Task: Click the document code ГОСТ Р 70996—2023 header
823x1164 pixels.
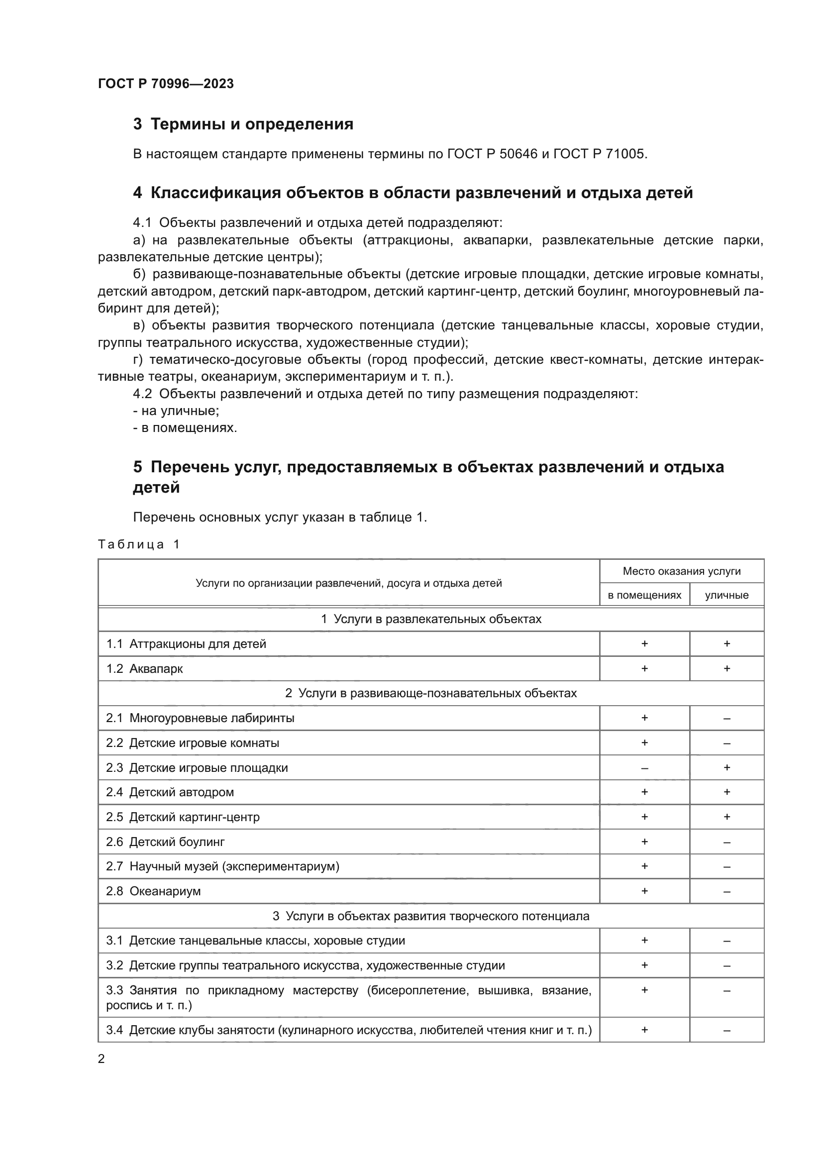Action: point(166,84)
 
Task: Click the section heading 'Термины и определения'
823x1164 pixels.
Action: point(252,124)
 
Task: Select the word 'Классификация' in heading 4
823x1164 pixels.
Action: point(214,193)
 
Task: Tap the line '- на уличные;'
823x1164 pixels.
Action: point(176,411)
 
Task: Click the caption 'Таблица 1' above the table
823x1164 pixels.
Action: point(139,544)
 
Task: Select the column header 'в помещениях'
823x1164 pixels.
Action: point(644,595)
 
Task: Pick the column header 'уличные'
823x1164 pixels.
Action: point(726,595)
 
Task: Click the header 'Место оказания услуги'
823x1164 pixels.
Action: point(681,571)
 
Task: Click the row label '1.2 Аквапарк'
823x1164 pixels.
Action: point(144,669)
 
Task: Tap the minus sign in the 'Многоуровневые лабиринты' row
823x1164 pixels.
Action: point(726,719)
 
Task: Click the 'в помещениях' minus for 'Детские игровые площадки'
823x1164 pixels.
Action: point(644,768)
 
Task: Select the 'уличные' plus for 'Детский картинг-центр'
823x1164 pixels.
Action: point(726,817)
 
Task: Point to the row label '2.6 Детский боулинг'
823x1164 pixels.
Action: point(165,842)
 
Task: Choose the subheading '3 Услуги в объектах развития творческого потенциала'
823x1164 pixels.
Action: point(431,916)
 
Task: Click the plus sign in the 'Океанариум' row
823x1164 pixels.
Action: point(644,891)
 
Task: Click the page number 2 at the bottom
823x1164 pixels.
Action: point(102,1059)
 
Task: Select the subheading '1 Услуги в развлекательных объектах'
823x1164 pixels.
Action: point(431,619)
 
